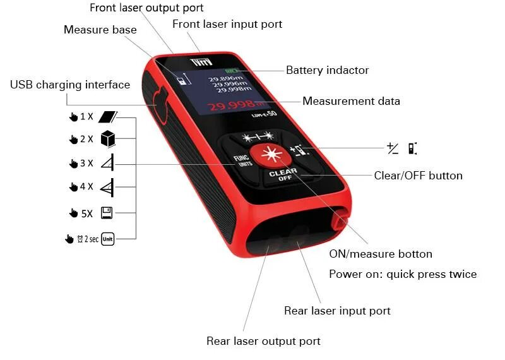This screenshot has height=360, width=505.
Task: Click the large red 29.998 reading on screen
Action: pyautogui.click(x=232, y=105)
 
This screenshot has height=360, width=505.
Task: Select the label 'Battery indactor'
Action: pyautogui.click(x=327, y=70)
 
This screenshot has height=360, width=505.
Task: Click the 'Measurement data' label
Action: pyautogui.click(x=351, y=101)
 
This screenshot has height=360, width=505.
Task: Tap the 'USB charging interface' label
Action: pyautogui.click(x=70, y=85)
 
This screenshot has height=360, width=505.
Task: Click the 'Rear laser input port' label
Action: pyautogui.click(x=337, y=311)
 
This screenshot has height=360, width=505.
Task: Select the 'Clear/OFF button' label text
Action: pyautogui.click(x=418, y=176)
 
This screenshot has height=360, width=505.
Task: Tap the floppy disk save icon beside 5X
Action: pyautogui.click(x=107, y=213)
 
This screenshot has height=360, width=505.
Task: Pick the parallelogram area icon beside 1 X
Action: pyautogui.click(x=109, y=116)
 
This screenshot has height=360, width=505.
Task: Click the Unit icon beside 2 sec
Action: pyautogui.click(x=107, y=239)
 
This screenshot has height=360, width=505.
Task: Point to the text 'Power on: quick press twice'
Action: pyautogui.click(x=403, y=274)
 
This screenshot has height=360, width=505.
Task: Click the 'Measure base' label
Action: pyautogui.click(x=100, y=30)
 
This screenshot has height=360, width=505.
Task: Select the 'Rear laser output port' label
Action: pyautogui.click(x=263, y=341)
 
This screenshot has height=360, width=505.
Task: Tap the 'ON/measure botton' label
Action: pyautogui.click(x=381, y=254)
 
